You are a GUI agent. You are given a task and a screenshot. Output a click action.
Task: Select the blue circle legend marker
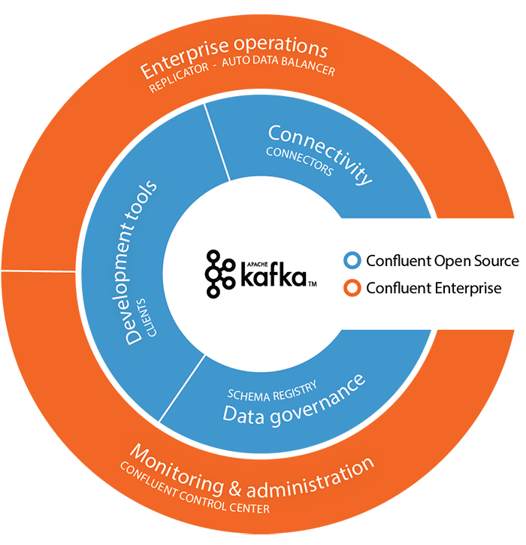pyautogui.click(x=352, y=261)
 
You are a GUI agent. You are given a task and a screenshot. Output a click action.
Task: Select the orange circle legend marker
pyautogui.click(x=352, y=288)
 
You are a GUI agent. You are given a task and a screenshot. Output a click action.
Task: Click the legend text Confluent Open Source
pyautogui.click(x=443, y=261)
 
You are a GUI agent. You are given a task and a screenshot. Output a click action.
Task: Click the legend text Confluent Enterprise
pyautogui.click(x=434, y=288)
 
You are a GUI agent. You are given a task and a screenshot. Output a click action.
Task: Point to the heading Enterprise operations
pyautogui.click(x=234, y=57)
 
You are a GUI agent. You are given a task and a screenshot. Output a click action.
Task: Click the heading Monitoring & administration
pyautogui.click(x=251, y=473)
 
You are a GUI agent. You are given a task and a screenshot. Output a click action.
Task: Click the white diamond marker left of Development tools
pyautogui.click(x=78, y=271)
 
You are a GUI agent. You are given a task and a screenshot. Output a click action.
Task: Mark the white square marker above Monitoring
pyautogui.click(x=157, y=425)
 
